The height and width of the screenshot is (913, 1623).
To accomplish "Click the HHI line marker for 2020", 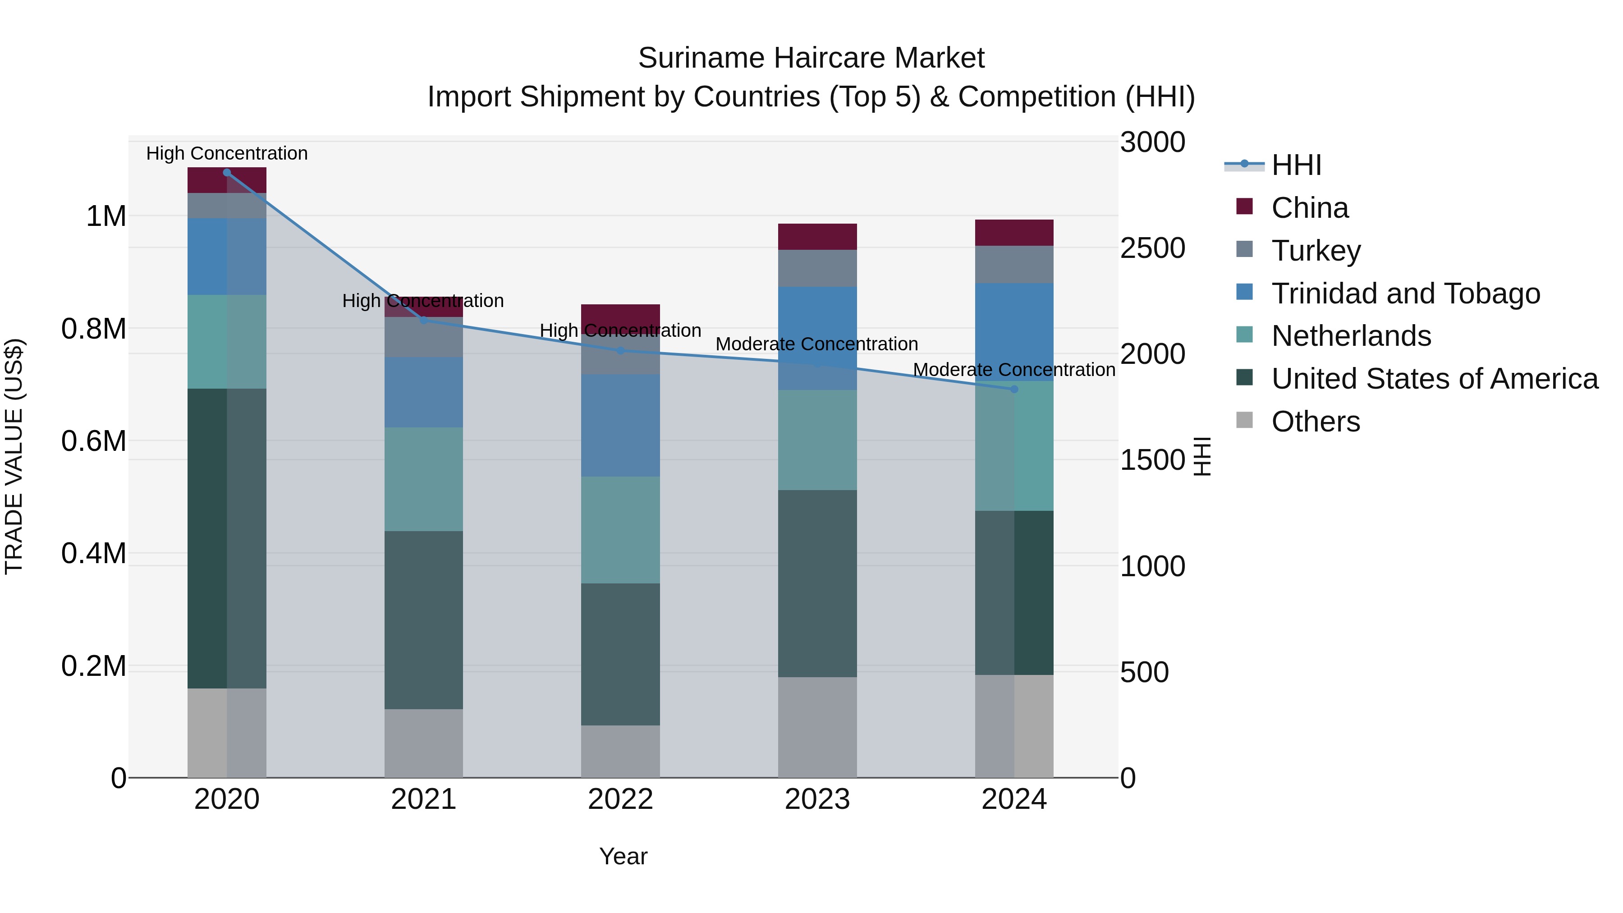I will (227, 173).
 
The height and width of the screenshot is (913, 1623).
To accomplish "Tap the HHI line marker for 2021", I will (423, 321).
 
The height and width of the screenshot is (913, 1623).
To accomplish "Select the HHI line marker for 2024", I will (1014, 390).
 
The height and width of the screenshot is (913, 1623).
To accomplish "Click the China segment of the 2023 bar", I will (817, 237).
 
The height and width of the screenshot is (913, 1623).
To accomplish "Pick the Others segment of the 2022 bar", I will (620, 751).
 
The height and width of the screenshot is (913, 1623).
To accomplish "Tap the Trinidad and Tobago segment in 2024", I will (1014, 332).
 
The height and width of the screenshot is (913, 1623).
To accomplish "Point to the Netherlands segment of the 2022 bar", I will (620, 530).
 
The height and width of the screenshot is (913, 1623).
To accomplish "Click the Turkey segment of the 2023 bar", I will (817, 268).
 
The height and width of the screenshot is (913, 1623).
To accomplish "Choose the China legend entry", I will (1309, 208).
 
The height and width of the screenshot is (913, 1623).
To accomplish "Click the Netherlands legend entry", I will (1351, 336).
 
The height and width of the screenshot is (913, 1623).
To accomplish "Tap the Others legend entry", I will (1315, 422).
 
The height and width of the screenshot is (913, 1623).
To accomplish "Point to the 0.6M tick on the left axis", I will (94, 441).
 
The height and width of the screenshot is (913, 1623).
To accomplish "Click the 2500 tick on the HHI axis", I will (1152, 248).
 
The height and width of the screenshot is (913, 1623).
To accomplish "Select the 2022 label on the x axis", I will (620, 799).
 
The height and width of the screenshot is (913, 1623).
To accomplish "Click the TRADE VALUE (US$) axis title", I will (14, 456).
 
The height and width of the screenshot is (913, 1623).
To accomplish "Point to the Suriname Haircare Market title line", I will (811, 58).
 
